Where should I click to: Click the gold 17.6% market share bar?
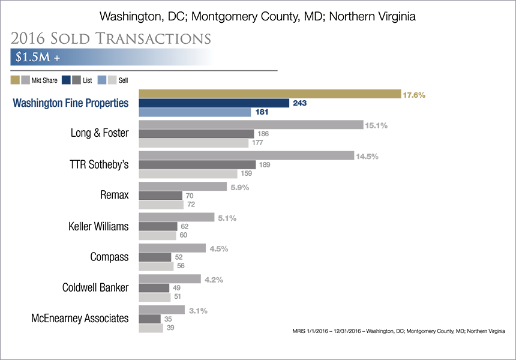(270, 94)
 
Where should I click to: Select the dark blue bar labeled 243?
(214, 103)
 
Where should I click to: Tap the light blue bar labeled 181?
(195, 112)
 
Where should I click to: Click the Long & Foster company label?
(100, 133)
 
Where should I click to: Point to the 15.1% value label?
(376, 125)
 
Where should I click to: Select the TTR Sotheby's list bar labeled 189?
(197, 164)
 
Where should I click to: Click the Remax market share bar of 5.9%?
(182, 186)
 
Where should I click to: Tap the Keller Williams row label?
(98, 226)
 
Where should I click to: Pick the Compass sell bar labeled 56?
(156, 266)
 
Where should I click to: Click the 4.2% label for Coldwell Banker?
(214, 280)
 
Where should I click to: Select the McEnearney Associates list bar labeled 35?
(150, 319)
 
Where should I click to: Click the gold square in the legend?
(15, 80)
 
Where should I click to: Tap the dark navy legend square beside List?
(66, 80)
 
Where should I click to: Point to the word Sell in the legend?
(123, 80)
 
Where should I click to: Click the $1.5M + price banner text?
(38, 57)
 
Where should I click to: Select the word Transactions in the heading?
(154, 38)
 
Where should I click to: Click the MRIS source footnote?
(398, 331)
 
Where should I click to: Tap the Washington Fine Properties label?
(70, 103)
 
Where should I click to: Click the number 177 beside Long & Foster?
(257, 143)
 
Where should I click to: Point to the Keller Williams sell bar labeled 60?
(157, 236)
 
